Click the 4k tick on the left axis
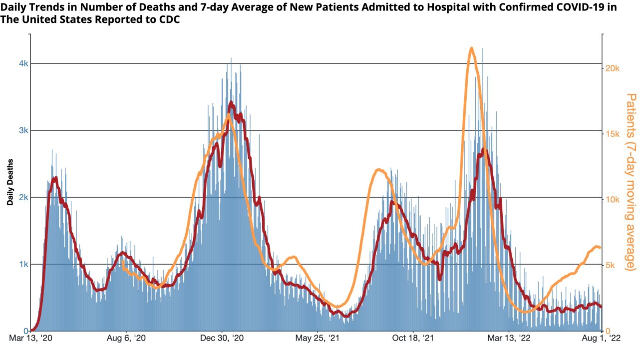(23, 63)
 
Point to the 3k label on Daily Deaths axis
(23, 130)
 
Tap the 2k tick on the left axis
(23, 197)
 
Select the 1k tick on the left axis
(23, 264)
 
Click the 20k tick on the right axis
(613, 68)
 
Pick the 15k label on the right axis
(613, 134)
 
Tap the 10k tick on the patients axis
(613, 199)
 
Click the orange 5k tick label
(610, 265)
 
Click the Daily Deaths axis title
(10, 182)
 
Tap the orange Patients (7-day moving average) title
(631, 182)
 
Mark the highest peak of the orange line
(471, 48)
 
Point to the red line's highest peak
(230, 102)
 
